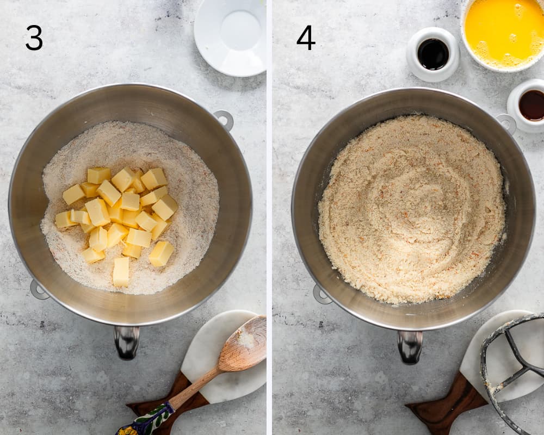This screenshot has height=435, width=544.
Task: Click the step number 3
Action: (34, 38)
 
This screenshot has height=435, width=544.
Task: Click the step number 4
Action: (306, 38)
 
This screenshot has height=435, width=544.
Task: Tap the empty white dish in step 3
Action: (230, 36)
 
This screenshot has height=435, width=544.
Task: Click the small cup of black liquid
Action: (433, 54)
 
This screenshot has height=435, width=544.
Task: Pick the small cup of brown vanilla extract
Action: (526, 105)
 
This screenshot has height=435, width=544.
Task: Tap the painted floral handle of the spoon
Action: (146, 420)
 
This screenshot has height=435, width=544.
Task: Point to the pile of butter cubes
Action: (118, 222)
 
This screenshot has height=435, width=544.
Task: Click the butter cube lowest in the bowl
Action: (121, 272)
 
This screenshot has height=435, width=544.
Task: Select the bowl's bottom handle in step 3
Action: (127, 342)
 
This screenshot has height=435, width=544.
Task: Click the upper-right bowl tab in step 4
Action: (507, 123)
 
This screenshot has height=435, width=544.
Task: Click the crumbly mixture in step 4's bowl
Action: (412, 209)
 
